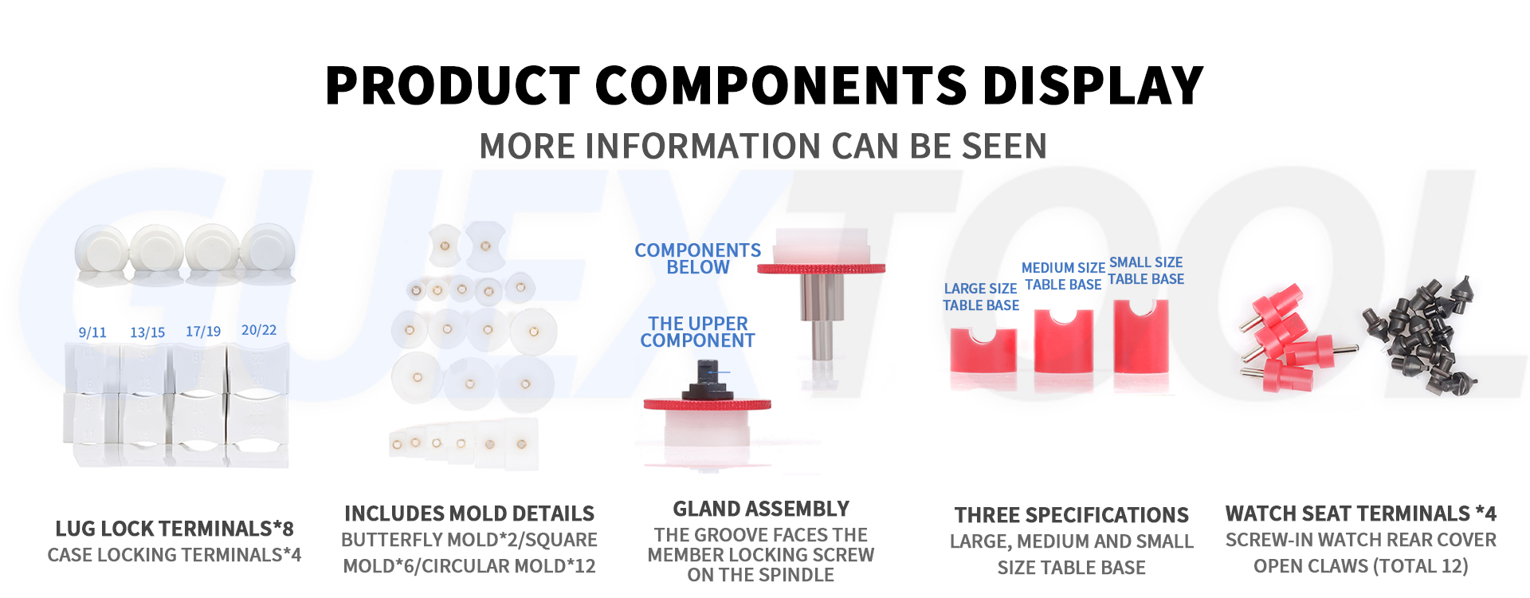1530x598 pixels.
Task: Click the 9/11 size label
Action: [92, 332]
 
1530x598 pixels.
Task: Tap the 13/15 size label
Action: [147, 332]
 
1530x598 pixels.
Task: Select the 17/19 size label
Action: [203, 331]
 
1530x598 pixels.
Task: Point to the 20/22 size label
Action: [259, 330]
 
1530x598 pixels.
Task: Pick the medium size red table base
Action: [1063, 340]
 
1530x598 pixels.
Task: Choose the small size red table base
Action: [1141, 336]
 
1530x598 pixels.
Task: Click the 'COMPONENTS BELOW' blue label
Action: [698, 259]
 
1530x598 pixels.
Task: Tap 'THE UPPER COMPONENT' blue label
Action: [698, 332]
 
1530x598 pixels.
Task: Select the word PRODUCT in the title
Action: [453, 85]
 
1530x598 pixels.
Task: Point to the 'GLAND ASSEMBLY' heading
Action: [761, 509]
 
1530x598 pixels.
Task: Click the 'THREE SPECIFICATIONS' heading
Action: [1072, 515]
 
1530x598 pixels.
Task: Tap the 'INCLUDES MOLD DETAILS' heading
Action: [469, 513]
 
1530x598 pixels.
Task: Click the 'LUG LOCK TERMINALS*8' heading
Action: [175, 529]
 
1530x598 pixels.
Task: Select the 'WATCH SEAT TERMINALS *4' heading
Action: [1361, 513]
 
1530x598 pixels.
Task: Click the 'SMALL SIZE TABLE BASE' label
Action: [1146, 270]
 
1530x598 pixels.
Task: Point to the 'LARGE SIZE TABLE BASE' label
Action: [981, 297]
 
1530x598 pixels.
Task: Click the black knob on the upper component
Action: [706, 381]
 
